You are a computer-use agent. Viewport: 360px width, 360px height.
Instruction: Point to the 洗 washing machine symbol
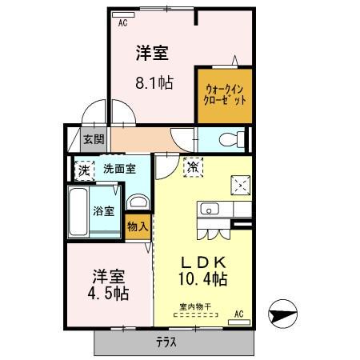(82, 170)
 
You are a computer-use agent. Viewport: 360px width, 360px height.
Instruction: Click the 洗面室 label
(118, 170)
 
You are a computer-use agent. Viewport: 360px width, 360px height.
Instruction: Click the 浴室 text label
(104, 211)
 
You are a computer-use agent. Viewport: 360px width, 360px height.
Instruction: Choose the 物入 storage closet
(138, 226)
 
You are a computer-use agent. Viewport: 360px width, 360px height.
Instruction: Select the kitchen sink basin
(210, 210)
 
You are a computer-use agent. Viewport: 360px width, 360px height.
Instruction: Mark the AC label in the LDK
(238, 314)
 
